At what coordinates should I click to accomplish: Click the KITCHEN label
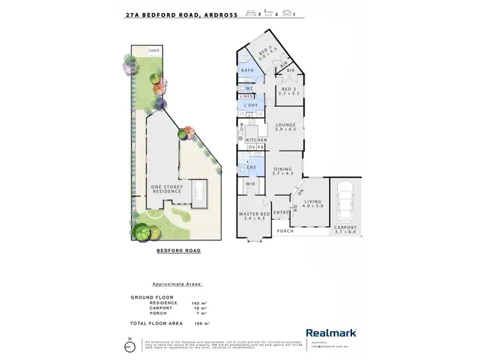tap(257, 140)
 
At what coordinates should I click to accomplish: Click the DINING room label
tap(282, 170)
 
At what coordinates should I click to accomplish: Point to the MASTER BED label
tap(252, 215)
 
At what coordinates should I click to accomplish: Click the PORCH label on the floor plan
tap(285, 231)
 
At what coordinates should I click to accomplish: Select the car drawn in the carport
tap(346, 200)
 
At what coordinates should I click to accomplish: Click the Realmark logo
tap(331, 333)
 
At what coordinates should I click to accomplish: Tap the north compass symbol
tap(131, 347)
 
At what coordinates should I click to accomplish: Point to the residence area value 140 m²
tap(199, 302)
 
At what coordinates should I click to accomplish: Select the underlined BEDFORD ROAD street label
tap(179, 251)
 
